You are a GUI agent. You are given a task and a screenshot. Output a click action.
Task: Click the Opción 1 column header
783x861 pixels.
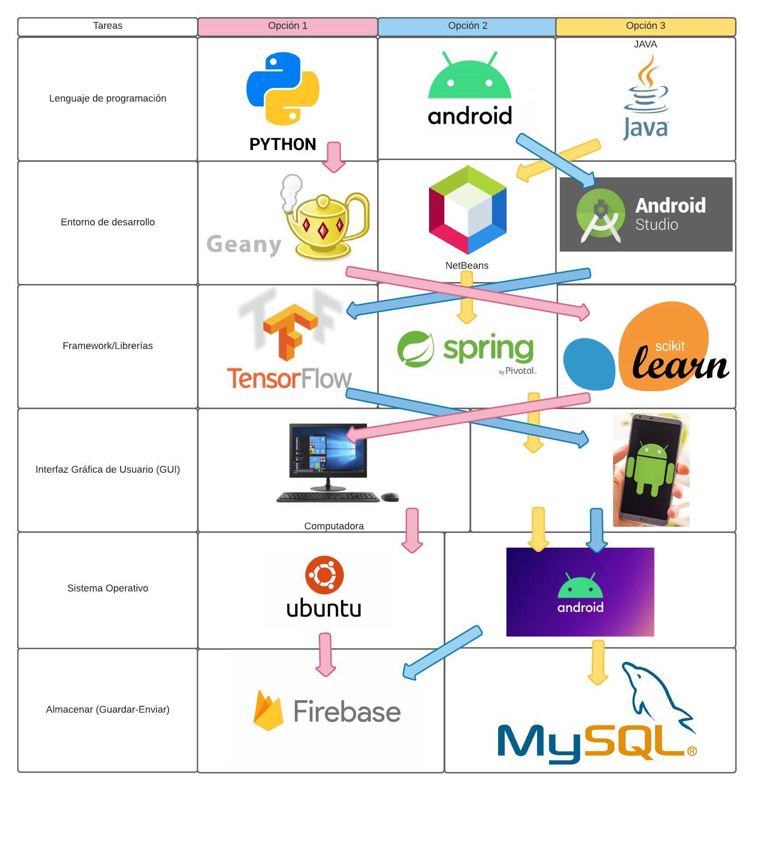coord(287,26)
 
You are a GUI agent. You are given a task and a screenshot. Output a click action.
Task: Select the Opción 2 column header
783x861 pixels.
coord(467,26)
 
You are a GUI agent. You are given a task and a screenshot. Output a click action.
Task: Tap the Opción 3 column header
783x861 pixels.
coord(645,26)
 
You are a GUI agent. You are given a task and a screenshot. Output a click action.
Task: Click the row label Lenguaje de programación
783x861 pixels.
coord(108,98)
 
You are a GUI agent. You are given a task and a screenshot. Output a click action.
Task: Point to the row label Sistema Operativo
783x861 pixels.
coord(108,588)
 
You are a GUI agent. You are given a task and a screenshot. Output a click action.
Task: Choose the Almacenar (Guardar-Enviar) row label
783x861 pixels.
coord(108,709)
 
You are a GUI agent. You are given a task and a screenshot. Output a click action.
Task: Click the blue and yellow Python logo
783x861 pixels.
coord(283,89)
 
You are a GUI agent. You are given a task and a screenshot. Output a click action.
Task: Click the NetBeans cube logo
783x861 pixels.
coord(467,209)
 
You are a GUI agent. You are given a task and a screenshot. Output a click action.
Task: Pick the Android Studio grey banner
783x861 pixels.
coord(646,214)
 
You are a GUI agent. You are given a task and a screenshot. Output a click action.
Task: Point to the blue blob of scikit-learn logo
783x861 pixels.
coord(589,364)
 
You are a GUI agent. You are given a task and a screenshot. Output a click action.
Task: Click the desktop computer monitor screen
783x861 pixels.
coord(328,450)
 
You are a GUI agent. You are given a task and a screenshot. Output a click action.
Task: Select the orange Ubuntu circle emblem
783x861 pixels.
coord(324,575)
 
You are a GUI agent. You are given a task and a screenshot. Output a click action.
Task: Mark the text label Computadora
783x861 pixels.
coord(334,526)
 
